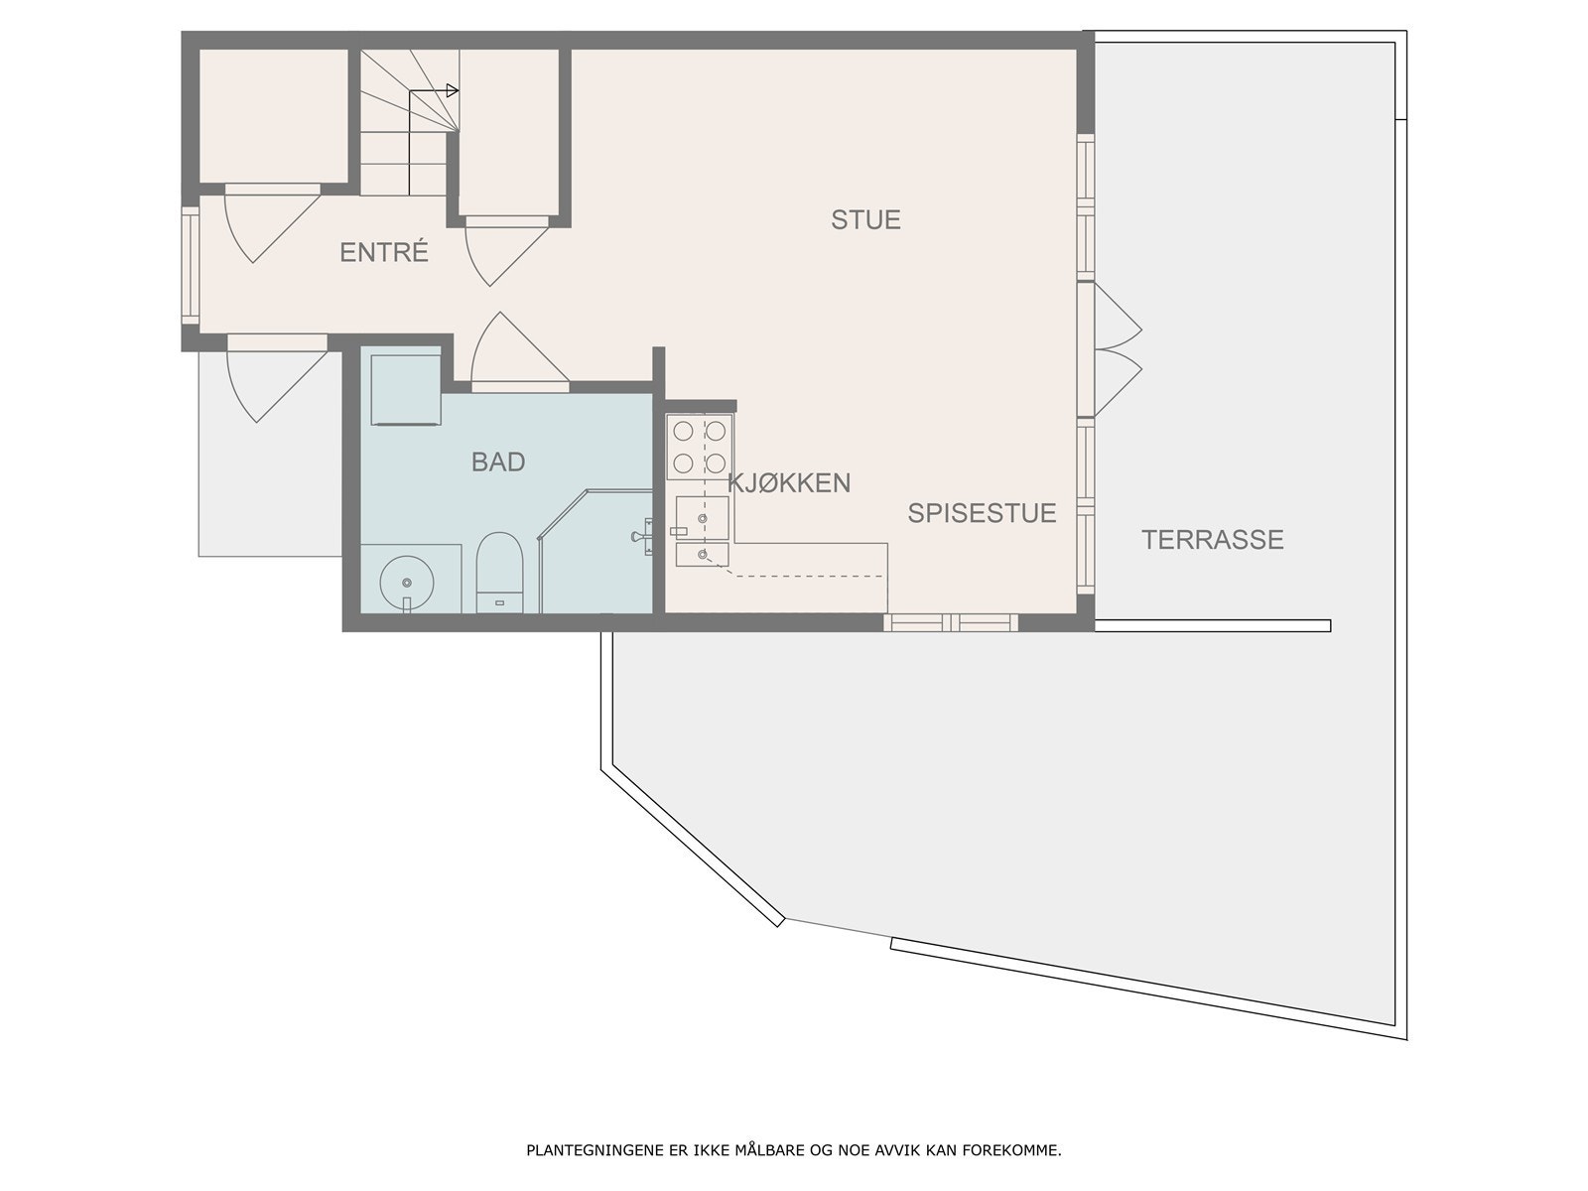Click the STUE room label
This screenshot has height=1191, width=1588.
(x=865, y=219)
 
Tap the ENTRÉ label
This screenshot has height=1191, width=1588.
(x=383, y=252)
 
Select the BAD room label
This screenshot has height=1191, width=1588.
(x=498, y=462)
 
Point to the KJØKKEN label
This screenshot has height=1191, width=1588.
(x=789, y=483)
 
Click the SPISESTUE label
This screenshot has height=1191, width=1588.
(x=982, y=513)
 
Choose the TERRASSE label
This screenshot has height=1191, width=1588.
(x=1212, y=540)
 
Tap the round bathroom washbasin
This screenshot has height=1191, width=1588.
(x=406, y=579)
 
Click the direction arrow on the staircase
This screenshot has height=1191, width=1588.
(x=452, y=91)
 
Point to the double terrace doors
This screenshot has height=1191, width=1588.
(x=1117, y=351)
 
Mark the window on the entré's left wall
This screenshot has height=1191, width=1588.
(x=190, y=266)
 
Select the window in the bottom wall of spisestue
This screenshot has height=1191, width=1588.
(x=951, y=623)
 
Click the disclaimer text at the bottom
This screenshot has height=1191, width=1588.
(x=793, y=1151)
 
